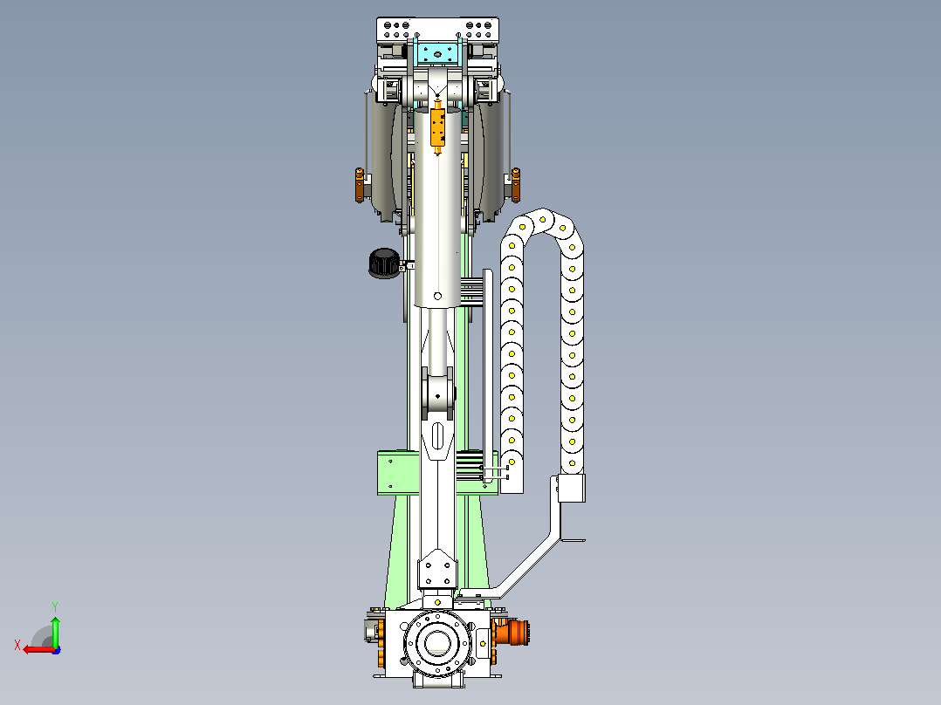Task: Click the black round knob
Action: pyautogui.click(x=384, y=263)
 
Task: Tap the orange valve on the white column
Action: pyautogui.click(x=438, y=128)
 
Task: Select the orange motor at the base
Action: pyautogui.click(x=511, y=633)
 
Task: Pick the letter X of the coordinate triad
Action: pyautogui.click(x=17, y=645)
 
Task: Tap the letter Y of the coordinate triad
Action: pyautogui.click(x=55, y=606)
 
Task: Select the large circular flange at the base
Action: pyautogui.click(x=437, y=643)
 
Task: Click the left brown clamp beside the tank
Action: pyautogui.click(x=360, y=185)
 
